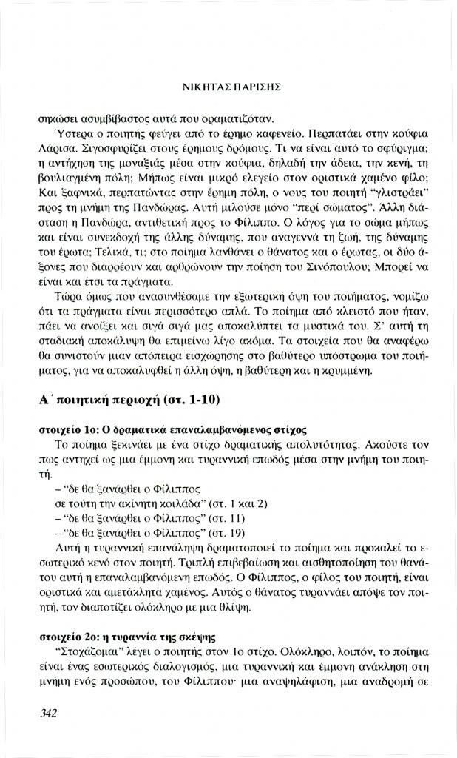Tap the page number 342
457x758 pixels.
(x=50, y=714)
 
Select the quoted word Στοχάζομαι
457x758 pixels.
(x=87, y=655)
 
